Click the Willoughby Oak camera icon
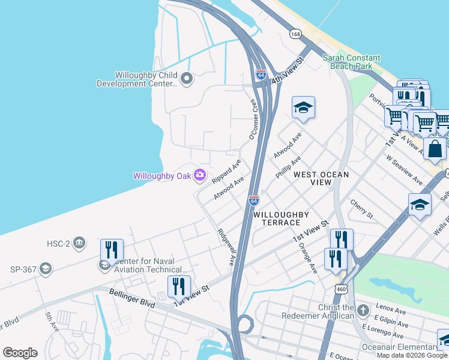coord(200,176)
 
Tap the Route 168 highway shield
coord(295,34)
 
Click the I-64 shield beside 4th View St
coord(260,74)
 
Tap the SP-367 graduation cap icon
coord(45,269)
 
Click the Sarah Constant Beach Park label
coord(351,62)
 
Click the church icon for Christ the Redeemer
coord(363,311)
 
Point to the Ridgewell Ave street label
coord(226,247)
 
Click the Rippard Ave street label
coord(226,172)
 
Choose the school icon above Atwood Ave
coord(303,108)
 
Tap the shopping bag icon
coord(435,148)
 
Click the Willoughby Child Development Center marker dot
coord(186,78)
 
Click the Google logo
coord(20,353)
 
